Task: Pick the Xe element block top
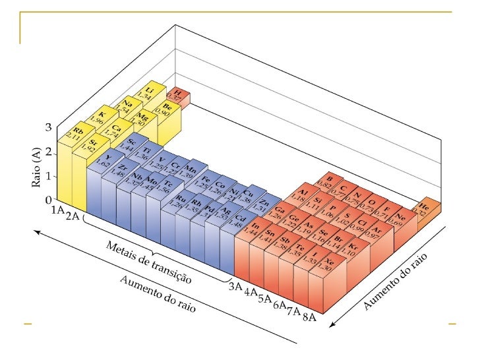pyautogui.click(x=324, y=266)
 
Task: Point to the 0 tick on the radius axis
pyautogui.click(x=48, y=199)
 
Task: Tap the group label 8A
pyautogui.click(x=309, y=319)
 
